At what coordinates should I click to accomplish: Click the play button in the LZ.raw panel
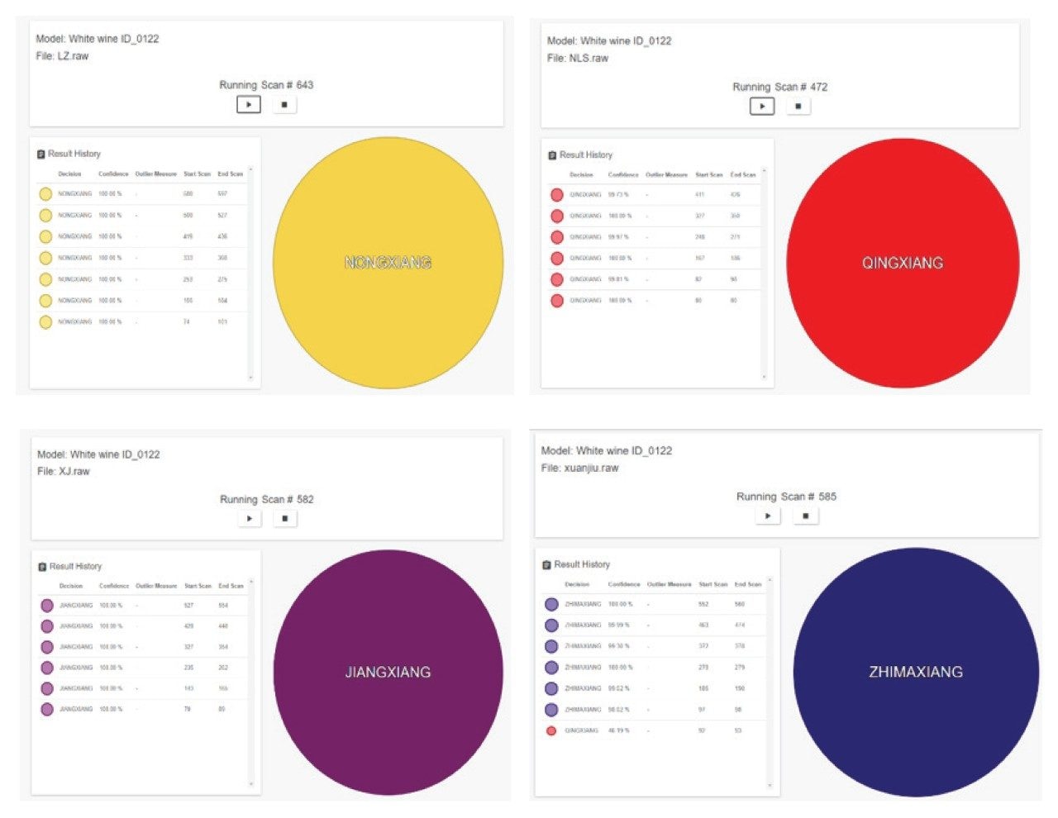[x=249, y=105]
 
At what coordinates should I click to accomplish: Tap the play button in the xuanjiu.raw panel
[x=768, y=516]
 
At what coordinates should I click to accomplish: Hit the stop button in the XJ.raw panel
[x=285, y=519]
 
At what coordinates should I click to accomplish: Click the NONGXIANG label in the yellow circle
[x=388, y=263]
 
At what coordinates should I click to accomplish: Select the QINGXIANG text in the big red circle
[x=902, y=263]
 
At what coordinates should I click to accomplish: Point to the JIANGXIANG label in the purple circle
[x=388, y=673]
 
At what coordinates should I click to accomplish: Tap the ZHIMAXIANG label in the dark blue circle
[x=915, y=673]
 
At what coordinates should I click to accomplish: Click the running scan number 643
[x=305, y=85]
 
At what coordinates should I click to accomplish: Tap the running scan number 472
[x=818, y=87]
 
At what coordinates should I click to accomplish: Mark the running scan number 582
[x=305, y=500]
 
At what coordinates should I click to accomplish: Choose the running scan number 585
[x=827, y=497]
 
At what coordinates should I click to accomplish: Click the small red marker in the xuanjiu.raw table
[x=551, y=731]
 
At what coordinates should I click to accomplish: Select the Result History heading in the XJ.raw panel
[x=75, y=567]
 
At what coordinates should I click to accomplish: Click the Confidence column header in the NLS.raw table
[x=623, y=175]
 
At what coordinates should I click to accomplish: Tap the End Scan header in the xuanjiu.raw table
[x=748, y=584]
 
